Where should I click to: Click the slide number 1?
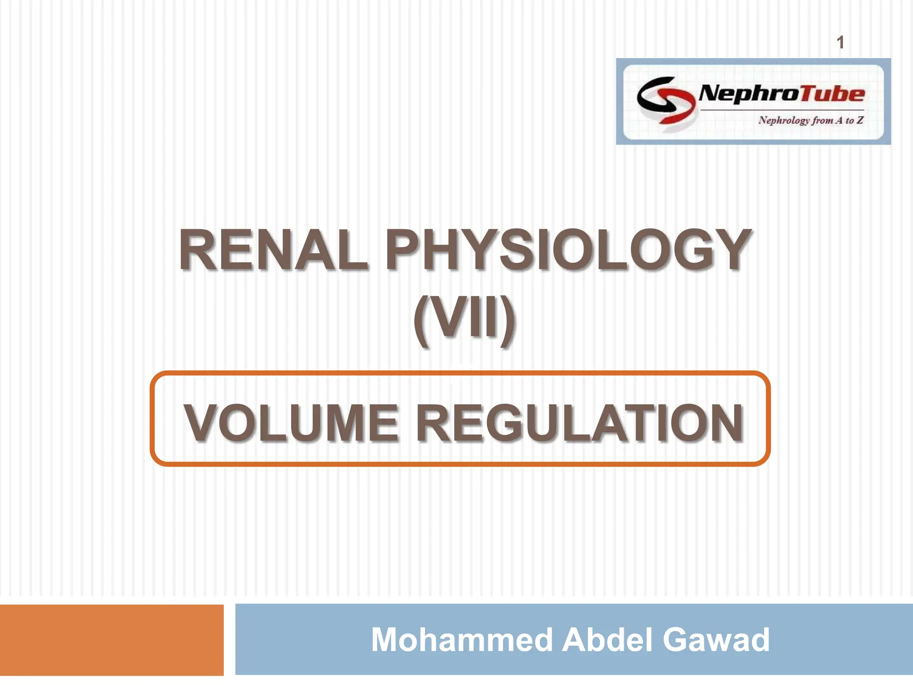[x=840, y=43]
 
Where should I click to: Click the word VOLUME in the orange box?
[x=291, y=423]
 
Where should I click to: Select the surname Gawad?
[x=716, y=640]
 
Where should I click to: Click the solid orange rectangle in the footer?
[x=111, y=640]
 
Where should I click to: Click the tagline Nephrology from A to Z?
[x=811, y=120]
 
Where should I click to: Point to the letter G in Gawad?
[x=680, y=640]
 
